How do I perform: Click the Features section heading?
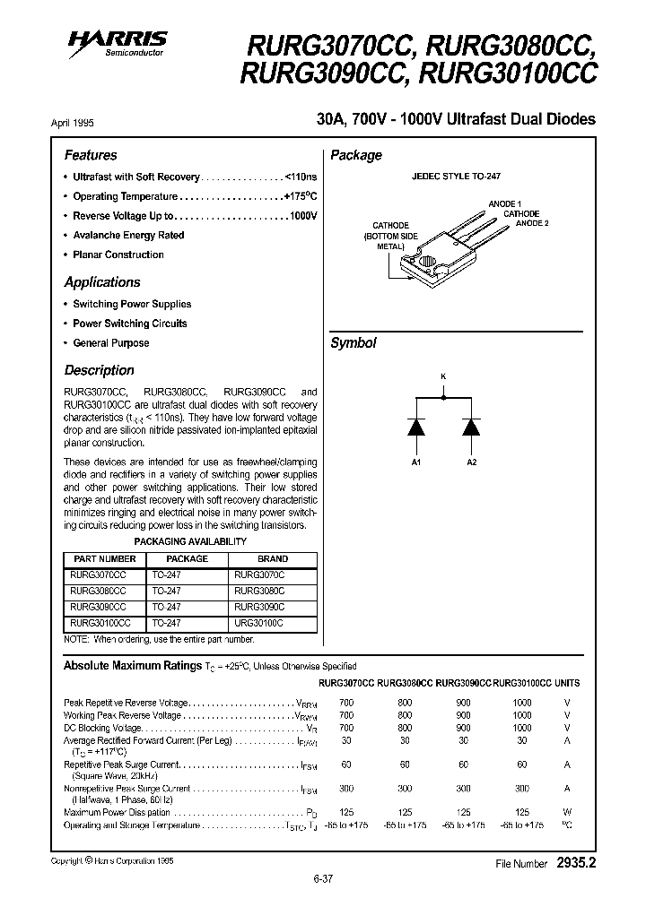(91, 155)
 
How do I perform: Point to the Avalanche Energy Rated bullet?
(128, 235)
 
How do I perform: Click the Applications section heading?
(102, 282)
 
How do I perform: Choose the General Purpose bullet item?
(110, 343)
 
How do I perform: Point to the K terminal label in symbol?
(443, 376)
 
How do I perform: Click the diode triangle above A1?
(416, 428)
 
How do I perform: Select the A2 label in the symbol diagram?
(471, 462)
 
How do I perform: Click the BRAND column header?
(273, 558)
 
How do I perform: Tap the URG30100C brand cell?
(258, 622)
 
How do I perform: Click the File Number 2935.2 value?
(575, 863)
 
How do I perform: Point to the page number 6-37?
(323, 879)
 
